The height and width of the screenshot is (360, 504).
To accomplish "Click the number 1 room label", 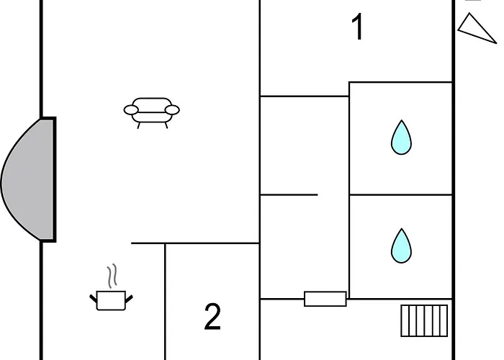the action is click(x=358, y=27).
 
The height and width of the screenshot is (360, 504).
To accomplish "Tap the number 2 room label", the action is click(x=213, y=317).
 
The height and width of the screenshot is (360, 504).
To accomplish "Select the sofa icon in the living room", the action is click(x=152, y=113).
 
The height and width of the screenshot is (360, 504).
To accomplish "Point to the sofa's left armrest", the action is click(x=131, y=110).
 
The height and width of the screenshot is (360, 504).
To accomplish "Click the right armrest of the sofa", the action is click(x=172, y=110).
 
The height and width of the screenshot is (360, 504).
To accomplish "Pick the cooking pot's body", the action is click(x=111, y=300).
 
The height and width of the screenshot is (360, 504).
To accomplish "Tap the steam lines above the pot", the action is click(x=112, y=276).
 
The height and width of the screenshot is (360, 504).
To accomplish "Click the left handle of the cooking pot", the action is click(x=93, y=299).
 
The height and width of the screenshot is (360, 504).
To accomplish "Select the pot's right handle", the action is click(x=129, y=299).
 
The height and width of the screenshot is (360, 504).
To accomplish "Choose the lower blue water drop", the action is click(x=401, y=247).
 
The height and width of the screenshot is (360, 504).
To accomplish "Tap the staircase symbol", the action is click(x=424, y=321).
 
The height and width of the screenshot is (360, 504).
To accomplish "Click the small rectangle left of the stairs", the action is click(x=325, y=299).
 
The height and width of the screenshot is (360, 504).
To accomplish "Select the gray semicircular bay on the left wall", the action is click(x=28, y=180).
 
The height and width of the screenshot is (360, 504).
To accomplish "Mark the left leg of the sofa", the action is click(x=139, y=125).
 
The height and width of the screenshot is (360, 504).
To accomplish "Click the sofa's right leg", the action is click(x=166, y=125).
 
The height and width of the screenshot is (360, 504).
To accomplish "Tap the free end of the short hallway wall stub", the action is click(x=318, y=194).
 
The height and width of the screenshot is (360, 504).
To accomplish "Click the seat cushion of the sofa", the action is click(x=152, y=117).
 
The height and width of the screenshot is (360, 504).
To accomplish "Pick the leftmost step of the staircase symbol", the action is click(x=405, y=321).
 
